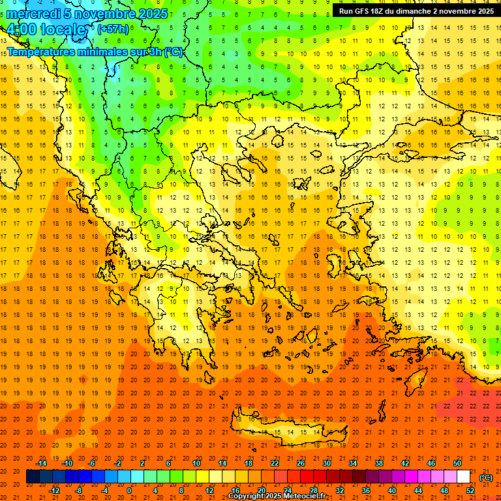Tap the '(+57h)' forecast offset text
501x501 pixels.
(113, 29)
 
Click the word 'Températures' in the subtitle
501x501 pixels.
(40, 52)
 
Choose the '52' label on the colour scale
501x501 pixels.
(470, 491)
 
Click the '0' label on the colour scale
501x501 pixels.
(129, 491)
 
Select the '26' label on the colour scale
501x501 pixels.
(301, 463)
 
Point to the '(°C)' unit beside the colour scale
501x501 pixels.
(486, 478)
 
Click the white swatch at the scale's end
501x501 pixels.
(464, 477)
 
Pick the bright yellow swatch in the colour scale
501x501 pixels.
(202, 477)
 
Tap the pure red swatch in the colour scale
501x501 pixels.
(307, 477)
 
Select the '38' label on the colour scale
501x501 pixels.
(379, 463)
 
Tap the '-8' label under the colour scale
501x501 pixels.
(79, 491)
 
